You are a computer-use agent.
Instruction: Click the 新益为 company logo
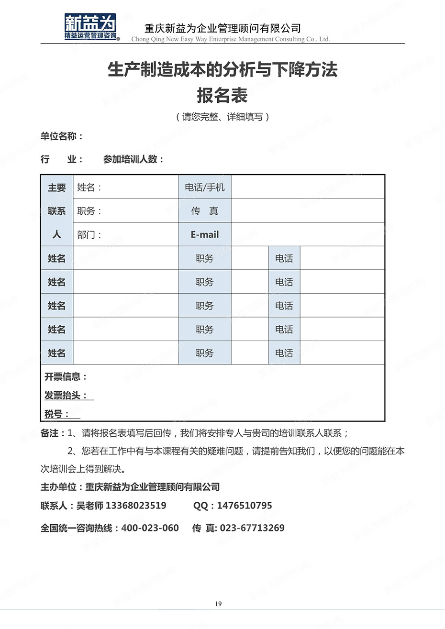pyautogui.click(x=91, y=27)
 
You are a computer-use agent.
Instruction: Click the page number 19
pyautogui.click(x=218, y=604)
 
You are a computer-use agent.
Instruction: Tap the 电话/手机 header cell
pyautogui.click(x=205, y=188)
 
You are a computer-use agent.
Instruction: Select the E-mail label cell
pyautogui.click(x=205, y=234)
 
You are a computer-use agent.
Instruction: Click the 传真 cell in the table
pyautogui.click(x=205, y=211)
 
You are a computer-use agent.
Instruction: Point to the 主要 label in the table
pyautogui.click(x=56, y=188)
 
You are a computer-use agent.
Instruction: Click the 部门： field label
pyautogui.click(x=89, y=235)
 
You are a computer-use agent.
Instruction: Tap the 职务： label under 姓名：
pyautogui.click(x=89, y=211)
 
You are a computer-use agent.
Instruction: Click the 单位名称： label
pyautogui.click(x=62, y=136)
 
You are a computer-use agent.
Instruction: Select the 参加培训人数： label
pyautogui.click(x=133, y=159)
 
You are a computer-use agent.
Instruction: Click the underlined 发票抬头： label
pyautogui.click(x=67, y=396)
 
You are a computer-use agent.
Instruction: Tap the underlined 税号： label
pyautogui.click(x=57, y=414)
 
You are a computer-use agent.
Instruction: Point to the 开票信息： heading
pyautogui.click(x=66, y=377)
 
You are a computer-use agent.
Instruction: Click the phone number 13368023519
pyautogui.click(x=136, y=506)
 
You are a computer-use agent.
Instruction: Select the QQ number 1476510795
pyautogui.click(x=245, y=506)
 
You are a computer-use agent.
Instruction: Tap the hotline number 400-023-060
pyautogui.click(x=150, y=528)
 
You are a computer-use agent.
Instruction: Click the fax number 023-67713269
pyautogui.click(x=252, y=528)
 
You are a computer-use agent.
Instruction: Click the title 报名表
pyautogui.click(x=222, y=96)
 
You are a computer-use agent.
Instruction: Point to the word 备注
pyautogui.click(x=50, y=433)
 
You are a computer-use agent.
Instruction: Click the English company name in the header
pyautogui.click(x=231, y=39)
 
